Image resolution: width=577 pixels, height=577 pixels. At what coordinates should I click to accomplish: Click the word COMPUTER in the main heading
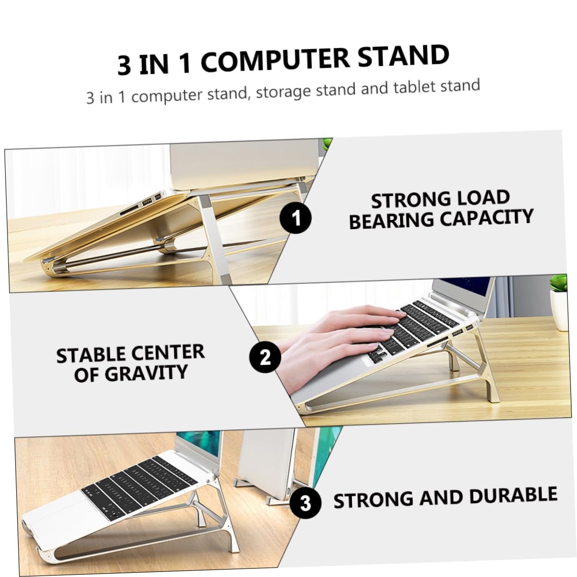tap(275, 60)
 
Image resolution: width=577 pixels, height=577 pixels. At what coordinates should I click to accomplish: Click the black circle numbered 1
tap(295, 218)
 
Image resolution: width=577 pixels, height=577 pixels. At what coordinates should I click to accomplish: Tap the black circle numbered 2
tap(265, 357)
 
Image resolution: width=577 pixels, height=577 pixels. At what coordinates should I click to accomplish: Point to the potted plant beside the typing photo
tap(558, 302)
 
